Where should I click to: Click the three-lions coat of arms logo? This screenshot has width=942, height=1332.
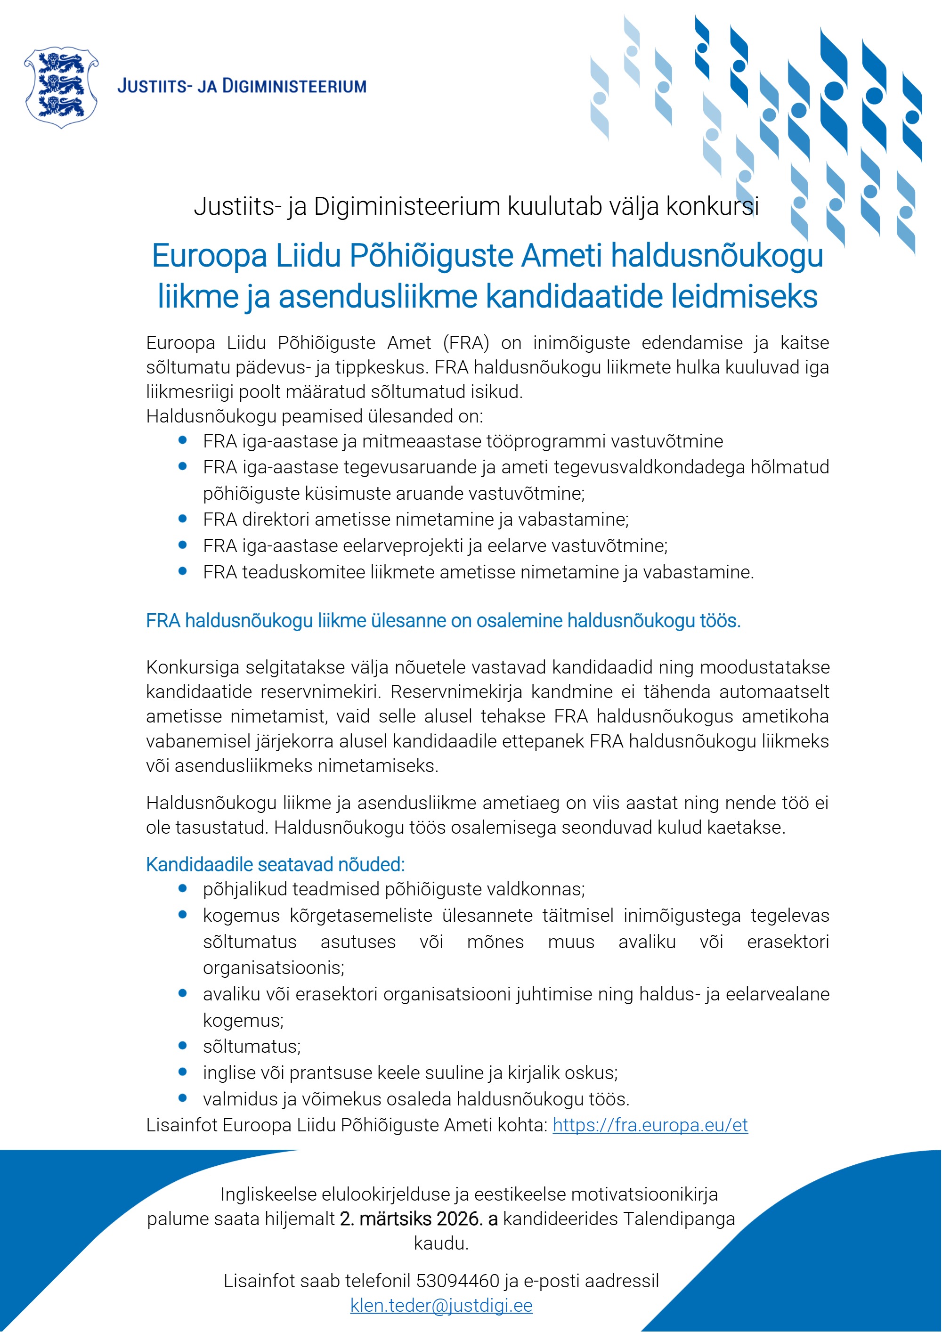click(x=61, y=87)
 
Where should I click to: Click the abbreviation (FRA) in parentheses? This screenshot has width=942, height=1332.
click(x=466, y=343)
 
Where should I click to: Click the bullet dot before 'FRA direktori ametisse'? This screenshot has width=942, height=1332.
click(x=183, y=519)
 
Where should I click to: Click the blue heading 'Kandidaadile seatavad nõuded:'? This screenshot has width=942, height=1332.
click(x=275, y=864)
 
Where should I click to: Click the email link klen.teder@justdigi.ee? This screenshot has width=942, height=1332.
click(x=441, y=1305)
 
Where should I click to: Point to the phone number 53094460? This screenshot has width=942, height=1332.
click(x=458, y=1280)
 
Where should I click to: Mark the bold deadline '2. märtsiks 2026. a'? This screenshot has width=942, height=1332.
click(x=418, y=1219)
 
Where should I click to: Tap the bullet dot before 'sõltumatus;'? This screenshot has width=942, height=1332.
click(x=183, y=1046)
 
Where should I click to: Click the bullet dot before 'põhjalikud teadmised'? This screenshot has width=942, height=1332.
click(x=183, y=888)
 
